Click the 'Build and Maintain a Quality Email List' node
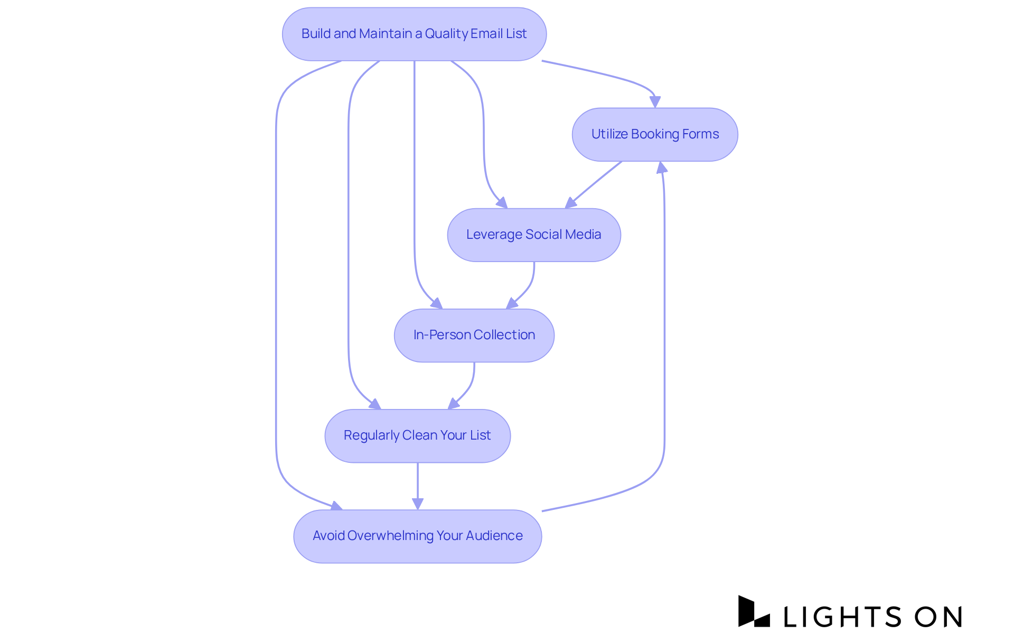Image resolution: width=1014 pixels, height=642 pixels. (x=414, y=34)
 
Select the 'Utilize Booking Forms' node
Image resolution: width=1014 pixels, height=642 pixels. (x=655, y=134)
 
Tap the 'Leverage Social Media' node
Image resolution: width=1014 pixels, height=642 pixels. (x=533, y=235)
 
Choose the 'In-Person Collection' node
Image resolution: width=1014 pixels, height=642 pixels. (x=474, y=335)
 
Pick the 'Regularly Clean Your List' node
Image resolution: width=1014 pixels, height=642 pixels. (x=417, y=435)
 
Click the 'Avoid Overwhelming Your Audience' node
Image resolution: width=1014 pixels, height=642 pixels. (x=417, y=536)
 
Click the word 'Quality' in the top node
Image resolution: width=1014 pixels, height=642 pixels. (x=446, y=34)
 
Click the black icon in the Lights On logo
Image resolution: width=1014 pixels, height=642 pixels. (x=753, y=612)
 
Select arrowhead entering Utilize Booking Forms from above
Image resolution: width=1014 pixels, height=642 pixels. (x=655, y=101)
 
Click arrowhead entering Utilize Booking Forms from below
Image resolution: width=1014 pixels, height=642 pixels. (x=661, y=168)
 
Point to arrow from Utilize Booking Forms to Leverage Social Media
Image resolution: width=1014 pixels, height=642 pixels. (x=594, y=184)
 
